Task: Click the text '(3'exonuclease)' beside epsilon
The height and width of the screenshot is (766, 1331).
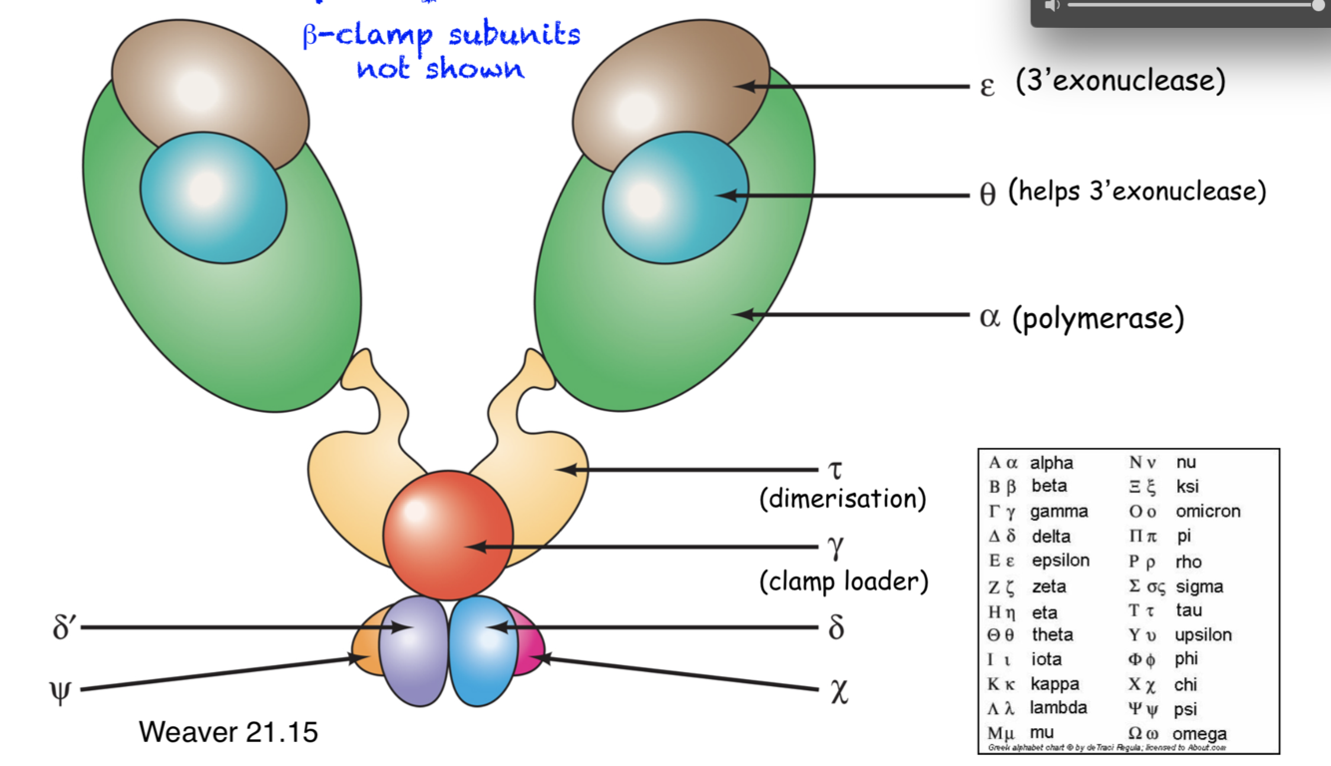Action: (x=1119, y=81)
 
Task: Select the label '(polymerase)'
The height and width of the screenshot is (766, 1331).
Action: (x=1098, y=319)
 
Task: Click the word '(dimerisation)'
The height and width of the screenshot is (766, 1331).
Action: (x=842, y=499)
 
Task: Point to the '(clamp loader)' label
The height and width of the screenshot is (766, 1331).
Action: (x=843, y=580)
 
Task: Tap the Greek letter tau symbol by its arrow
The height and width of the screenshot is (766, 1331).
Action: (x=835, y=469)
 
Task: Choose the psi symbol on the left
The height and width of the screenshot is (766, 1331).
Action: (x=61, y=691)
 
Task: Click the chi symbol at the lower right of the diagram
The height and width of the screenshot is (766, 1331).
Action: (x=838, y=691)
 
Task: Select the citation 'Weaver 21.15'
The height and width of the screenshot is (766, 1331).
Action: (x=228, y=732)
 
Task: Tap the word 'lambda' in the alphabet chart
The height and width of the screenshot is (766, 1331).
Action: (x=1059, y=708)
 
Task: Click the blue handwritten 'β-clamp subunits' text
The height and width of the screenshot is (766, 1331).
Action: (x=441, y=36)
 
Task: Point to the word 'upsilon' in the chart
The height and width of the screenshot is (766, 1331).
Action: (x=1203, y=634)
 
